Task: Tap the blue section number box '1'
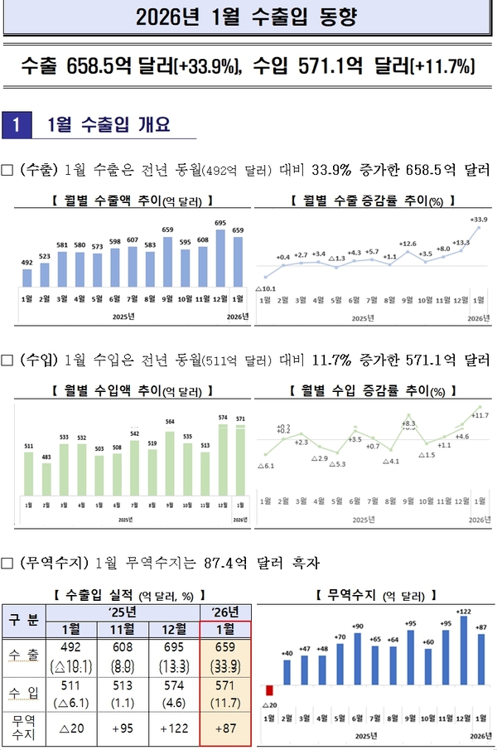pos(17,125)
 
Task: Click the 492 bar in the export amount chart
pos(27,277)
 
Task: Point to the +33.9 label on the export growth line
pos(478,220)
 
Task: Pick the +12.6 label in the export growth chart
pos(407,244)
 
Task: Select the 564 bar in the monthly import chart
pos(170,459)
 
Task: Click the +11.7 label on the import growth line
pos(480,414)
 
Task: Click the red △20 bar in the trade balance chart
pos(268,690)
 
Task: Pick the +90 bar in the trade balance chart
pos(358,659)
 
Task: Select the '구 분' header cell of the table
pos(23,621)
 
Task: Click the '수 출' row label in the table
pos(23,655)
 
